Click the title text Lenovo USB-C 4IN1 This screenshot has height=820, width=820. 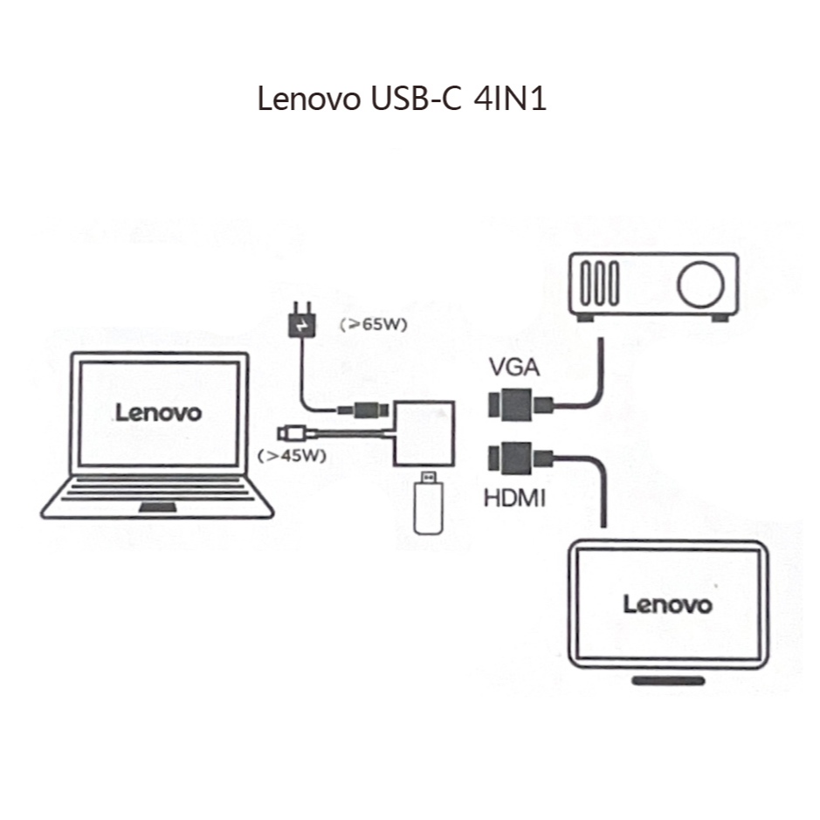(402, 99)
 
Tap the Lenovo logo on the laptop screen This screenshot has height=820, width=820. (158, 412)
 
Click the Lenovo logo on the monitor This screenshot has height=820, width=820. (666, 603)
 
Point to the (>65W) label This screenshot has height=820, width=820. (374, 324)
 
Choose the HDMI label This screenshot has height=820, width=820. (514, 499)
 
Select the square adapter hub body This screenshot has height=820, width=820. (424, 433)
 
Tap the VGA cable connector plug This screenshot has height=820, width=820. (512, 405)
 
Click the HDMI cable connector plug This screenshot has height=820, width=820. (512, 459)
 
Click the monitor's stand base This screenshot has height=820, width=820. (668, 679)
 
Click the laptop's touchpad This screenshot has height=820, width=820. (157, 509)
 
